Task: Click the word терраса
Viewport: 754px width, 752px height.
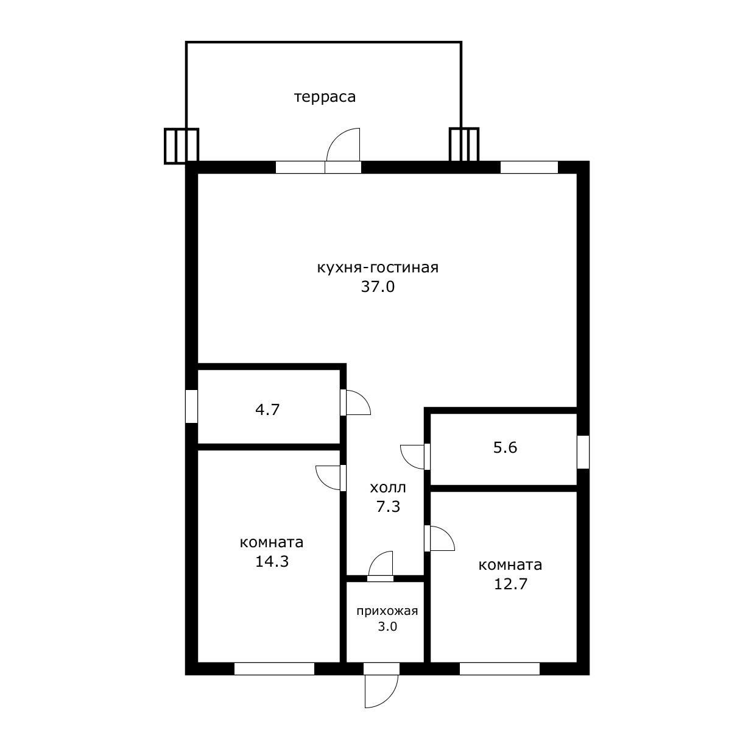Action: tap(325, 97)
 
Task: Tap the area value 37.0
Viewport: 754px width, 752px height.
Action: tap(378, 286)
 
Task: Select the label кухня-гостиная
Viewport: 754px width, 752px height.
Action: tap(378, 268)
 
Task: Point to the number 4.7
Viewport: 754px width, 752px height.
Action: tap(267, 410)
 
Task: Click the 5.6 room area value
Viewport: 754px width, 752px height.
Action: tap(505, 447)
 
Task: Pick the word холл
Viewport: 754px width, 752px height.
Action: tap(388, 488)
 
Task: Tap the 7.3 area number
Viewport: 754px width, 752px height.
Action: tap(388, 507)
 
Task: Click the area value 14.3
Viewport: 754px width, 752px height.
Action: tap(272, 562)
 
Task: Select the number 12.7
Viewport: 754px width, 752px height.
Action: tap(510, 584)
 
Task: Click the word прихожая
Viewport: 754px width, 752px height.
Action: tap(387, 611)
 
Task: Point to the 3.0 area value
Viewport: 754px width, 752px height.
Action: tap(387, 626)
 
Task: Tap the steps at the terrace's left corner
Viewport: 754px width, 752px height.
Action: tap(181, 146)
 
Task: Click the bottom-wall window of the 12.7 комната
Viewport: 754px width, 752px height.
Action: tap(499, 669)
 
